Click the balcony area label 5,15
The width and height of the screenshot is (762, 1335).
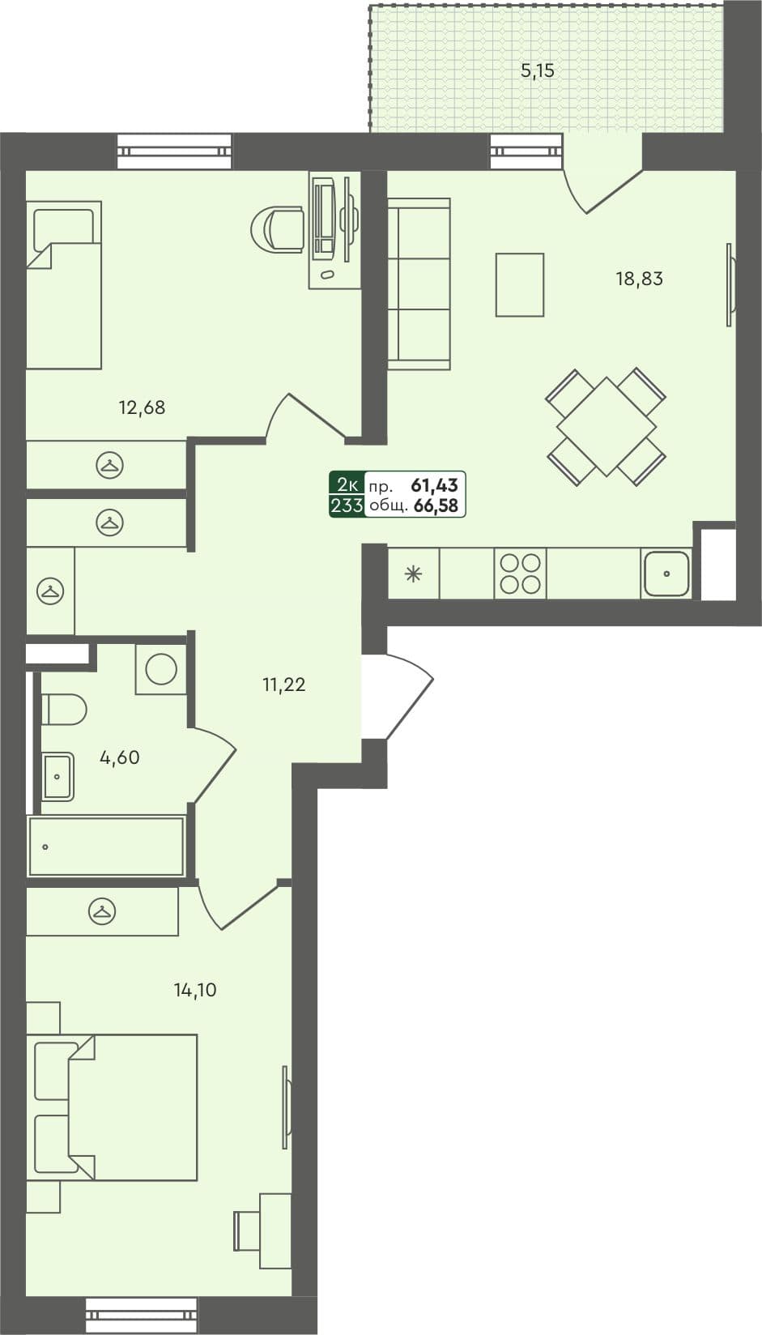tap(537, 71)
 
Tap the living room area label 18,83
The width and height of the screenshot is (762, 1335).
tap(639, 279)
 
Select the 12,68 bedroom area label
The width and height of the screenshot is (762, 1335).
tap(142, 407)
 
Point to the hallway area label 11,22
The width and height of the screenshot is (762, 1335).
tap(283, 685)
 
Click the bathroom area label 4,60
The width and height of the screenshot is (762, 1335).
tap(119, 758)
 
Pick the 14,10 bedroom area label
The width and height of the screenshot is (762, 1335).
tap(195, 990)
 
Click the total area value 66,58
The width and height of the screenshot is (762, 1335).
tap(436, 507)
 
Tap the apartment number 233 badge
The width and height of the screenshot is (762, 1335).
tap(346, 507)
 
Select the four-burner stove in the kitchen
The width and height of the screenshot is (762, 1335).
tap(520, 574)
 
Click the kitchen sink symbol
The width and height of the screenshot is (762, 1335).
tap(666, 574)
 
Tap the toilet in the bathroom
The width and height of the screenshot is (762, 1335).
tap(63, 710)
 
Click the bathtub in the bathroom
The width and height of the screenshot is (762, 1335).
tap(106, 847)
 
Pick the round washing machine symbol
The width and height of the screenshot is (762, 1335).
tap(161, 669)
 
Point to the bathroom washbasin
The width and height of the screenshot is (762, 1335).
tap(57, 777)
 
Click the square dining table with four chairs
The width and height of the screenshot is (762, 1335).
tap(606, 427)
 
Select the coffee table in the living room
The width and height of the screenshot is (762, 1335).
tap(519, 284)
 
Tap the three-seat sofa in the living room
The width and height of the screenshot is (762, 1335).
tap(418, 284)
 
